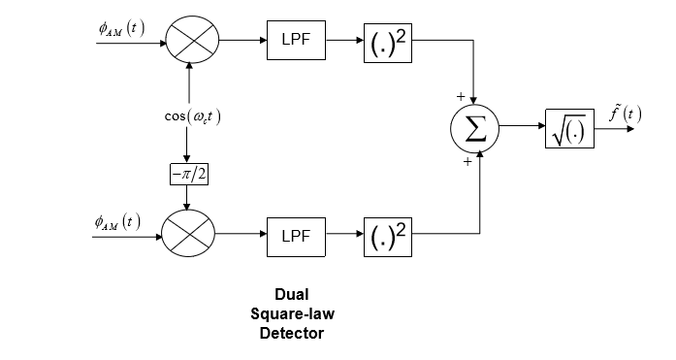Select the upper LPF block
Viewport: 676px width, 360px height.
click(x=295, y=40)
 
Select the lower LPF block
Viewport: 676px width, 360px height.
click(x=295, y=236)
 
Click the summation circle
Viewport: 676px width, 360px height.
click(x=474, y=128)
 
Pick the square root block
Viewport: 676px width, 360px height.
click(x=568, y=128)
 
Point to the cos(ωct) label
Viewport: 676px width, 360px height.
click(x=192, y=116)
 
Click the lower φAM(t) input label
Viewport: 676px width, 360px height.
click(x=117, y=222)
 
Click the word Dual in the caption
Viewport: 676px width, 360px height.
click(x=290, y=293)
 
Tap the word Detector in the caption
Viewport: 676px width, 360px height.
click(x=290, y=333)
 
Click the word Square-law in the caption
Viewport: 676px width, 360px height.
click(x=290, y=312)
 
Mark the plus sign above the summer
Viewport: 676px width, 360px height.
click(x=461, y=96)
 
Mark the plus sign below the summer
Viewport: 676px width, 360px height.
click(x=467, y=162)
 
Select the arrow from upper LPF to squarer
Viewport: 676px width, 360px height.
click(x=344, y=41)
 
